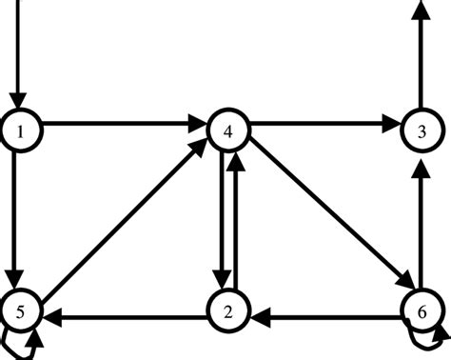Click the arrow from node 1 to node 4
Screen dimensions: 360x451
(x=124, y=124)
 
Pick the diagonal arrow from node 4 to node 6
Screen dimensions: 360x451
(x=324, y=219)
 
